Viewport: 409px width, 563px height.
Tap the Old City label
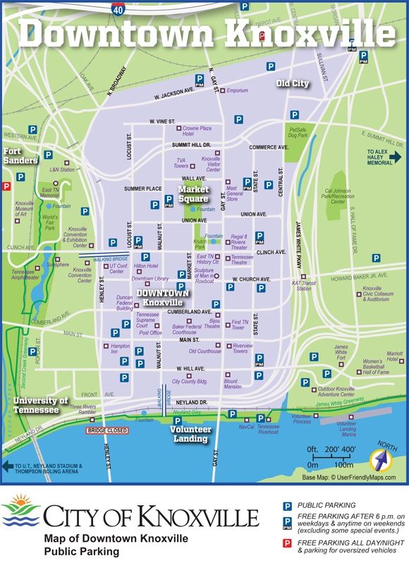coord(292,83)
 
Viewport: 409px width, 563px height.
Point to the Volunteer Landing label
coord(190,433)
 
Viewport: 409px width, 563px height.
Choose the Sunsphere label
coord(58,265)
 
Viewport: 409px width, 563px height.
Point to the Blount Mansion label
coord(233,383)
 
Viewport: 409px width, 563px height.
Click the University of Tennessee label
coord(39,405)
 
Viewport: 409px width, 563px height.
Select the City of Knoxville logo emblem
coord(20,516)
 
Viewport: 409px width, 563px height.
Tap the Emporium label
coord(237,90)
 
